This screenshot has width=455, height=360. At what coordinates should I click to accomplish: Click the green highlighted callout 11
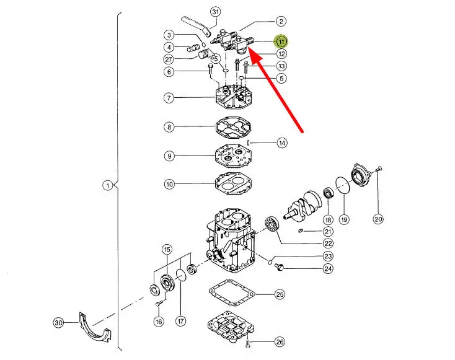coord(281,42)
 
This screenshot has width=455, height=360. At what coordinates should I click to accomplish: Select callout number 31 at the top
coord(215,12)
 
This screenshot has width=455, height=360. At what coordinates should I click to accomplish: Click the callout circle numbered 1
coord(108,185)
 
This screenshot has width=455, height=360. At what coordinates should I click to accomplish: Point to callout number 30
coord(58,323)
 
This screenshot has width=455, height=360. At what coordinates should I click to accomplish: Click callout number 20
coord(378,219)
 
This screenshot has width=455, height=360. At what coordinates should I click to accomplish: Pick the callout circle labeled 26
coord(280,342)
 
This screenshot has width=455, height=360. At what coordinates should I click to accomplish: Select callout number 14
coord(282,143)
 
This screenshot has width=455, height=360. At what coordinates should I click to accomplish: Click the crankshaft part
coord(303,206)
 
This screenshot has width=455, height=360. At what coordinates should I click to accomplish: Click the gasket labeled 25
coord(232,292)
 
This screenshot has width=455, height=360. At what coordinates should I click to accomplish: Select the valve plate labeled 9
coord(233,156)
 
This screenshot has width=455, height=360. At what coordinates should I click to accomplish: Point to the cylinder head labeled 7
coord(233,97)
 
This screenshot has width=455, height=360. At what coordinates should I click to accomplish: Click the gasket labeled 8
coord(233,127)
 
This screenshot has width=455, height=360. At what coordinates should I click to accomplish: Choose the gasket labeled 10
coord(233,184)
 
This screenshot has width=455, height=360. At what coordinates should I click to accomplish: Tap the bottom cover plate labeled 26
coord(231,327)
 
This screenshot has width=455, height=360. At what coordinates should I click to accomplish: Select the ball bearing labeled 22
coord(272,224)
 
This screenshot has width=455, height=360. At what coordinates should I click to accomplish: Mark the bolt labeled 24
coord(279,267)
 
